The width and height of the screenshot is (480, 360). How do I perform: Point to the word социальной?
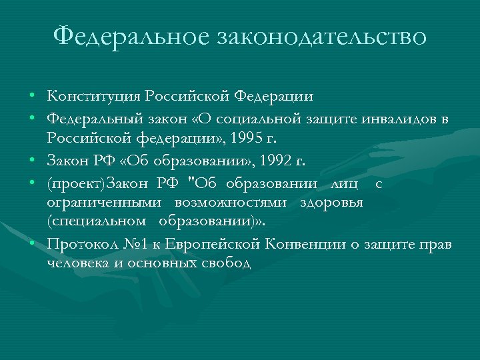(x=258, y=119)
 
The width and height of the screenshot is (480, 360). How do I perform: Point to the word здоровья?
(x=340, y=201)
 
